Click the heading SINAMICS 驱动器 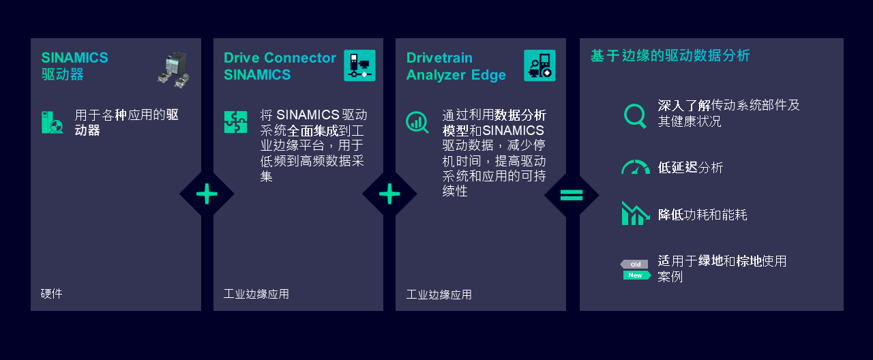[74, 66]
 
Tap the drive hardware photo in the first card [173, 69]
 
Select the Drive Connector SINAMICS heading [280, 66]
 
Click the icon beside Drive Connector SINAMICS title [359, 65]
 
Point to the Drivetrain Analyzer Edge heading [456, 66]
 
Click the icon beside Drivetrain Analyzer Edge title [539, 65]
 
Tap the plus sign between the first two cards [207, 195]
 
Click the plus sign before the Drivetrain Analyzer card [389, 195]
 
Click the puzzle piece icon [235, 122]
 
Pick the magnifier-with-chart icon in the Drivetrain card [417, 122]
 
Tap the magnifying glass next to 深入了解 [635, 115]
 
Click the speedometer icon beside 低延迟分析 [635, 167]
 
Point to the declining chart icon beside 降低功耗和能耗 [635, 213]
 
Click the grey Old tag [634, 264]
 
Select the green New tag [636, 275]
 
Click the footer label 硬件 [51, 294]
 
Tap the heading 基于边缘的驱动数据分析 [670, 56]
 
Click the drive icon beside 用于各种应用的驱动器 [53, 123]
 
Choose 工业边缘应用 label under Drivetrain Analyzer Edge [439, 295]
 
